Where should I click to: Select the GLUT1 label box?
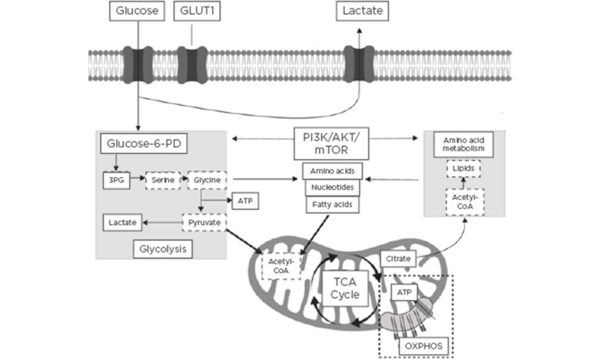click(x=191, y=11)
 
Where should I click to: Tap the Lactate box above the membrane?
click(x=362, y=11)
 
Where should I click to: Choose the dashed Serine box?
click(x=159, y=180)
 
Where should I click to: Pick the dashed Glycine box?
click(x=204, y=180)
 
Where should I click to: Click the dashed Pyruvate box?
click(x=204, y=223)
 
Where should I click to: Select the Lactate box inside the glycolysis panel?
click(x=122, y=223)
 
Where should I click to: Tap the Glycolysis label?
click(x=162, y=249)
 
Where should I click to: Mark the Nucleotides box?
click(x=331, y=188)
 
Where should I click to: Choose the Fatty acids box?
click(x=331, y=205)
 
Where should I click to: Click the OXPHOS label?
click(x=420, y=347)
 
